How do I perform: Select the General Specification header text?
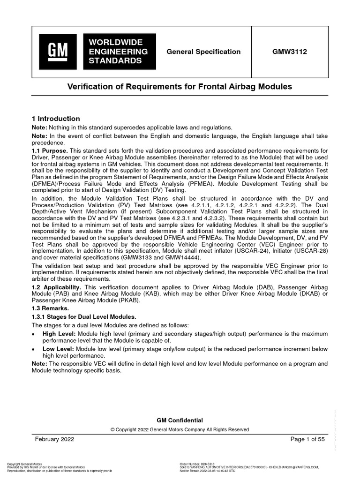click(203, 52)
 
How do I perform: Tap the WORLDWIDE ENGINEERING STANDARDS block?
click(118, 52)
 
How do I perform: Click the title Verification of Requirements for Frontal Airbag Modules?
click(180, 87)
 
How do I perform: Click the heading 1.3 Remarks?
click(49, 308)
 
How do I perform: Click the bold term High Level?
click(59, 333)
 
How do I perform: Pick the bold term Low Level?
click(58, 349)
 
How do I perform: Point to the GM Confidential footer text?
click(180, 420)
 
